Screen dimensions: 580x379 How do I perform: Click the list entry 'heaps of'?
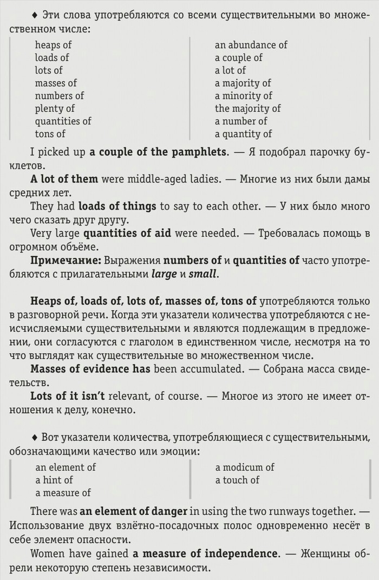tap(53, 45)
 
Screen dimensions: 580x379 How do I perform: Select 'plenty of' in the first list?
tap(55, 108)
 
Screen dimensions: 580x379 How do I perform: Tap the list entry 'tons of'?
tap(50, 134)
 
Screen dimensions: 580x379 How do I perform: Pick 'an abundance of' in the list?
tap(251, 45)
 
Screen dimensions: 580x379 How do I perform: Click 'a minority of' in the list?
tap(243, 96)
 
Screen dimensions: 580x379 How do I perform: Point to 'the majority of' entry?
tap(248, 108)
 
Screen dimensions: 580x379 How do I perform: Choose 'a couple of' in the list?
tap(239, 57)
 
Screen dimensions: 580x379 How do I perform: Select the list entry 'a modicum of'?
tap(245, 467)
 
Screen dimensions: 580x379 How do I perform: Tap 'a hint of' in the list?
tap(54, 480)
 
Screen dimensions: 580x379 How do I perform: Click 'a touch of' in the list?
tap(237, 480)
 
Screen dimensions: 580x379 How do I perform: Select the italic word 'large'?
tap(164, 274)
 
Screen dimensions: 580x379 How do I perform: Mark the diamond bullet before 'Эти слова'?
tap(35, 14)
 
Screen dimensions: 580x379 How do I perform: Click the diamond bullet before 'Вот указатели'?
tap(35, 436)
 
